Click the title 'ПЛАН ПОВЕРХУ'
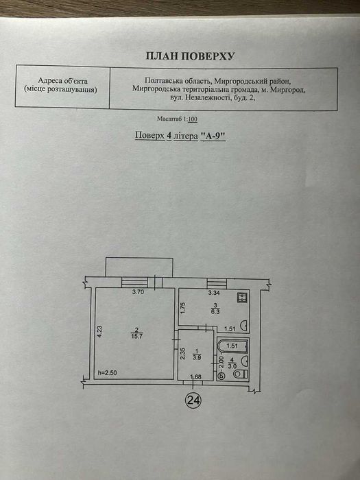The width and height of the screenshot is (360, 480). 190,56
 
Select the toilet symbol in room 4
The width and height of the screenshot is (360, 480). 241,374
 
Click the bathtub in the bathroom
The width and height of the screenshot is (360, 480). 232,346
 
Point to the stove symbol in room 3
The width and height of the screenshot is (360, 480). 242,297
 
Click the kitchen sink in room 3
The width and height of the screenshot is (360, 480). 244,326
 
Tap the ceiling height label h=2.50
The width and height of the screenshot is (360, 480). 108,373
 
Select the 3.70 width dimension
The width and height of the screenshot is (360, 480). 138,291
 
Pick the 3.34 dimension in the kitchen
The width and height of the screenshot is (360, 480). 214,293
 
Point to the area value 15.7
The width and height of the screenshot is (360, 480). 136,336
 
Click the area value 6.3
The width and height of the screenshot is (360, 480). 215,311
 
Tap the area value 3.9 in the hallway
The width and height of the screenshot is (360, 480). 197,357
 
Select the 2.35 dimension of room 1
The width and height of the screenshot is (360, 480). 183,353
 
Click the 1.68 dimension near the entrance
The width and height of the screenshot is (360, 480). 196,376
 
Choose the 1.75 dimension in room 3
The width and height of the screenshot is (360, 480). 183,309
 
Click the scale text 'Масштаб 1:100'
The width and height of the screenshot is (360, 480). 177,119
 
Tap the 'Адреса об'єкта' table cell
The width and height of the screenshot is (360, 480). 62,86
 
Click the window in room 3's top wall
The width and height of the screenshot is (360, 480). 217,283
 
